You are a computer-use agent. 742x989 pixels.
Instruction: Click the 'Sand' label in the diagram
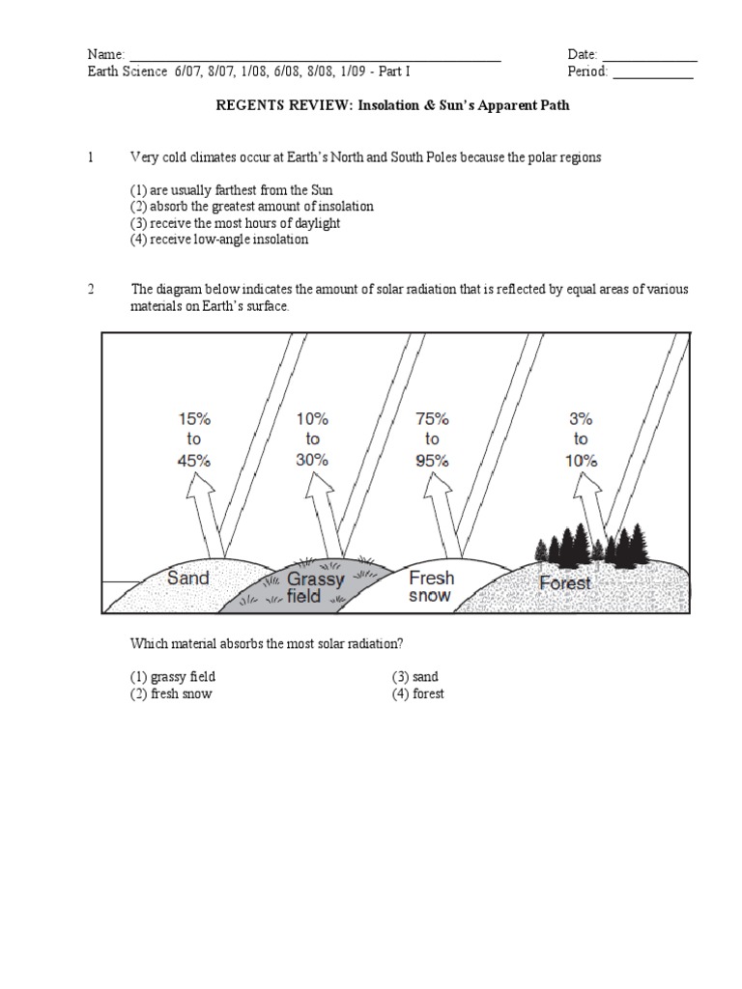pos(187,579)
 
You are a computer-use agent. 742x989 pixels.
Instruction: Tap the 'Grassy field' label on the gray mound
pos(315,587)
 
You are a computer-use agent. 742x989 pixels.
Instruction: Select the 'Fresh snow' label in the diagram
pos(431,586)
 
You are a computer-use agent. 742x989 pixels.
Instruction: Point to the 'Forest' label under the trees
pos(565,583)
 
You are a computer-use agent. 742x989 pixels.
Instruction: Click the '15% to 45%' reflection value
pos(194,440)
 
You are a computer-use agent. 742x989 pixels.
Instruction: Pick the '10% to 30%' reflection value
pos(312,440)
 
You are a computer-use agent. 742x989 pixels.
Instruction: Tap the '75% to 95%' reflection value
pos(431,440)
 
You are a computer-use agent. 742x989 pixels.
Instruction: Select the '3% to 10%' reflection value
pos(581,440)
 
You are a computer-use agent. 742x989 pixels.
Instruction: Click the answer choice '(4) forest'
pos(417,694)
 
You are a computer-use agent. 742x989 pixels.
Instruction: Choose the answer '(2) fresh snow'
pos(171,694)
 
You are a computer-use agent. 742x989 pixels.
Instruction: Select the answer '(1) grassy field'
pos(173,677)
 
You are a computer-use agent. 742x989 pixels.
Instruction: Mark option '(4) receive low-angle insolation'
pos(219,239)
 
